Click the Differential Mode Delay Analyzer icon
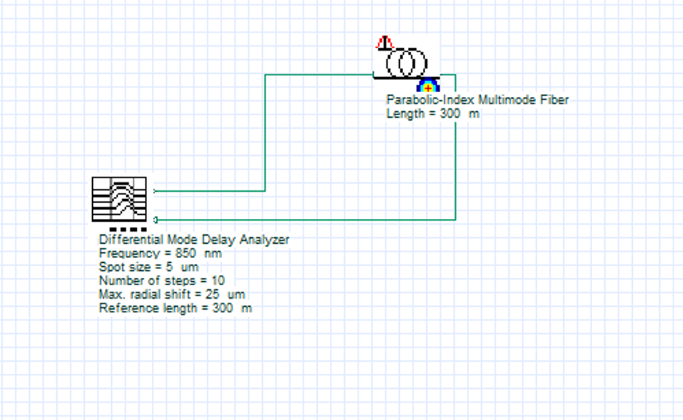click(x=119, y=199)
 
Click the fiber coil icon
click(x=405, y=63)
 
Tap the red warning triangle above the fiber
click(x=384, y=43)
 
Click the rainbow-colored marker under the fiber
click(x=428, y=85)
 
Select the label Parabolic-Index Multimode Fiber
click(x=477, y=100)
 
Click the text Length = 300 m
click(x=432, y=114)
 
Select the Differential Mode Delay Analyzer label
click(x=194, y=240)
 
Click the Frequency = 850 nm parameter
click(x=160, y=253)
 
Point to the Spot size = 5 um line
click(x=148, y=267)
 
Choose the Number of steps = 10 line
click(x=162, y=280)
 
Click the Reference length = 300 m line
click(x=175, y=308)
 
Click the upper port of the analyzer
click(x=155, y=191)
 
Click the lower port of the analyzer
click(x=155, y=219)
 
